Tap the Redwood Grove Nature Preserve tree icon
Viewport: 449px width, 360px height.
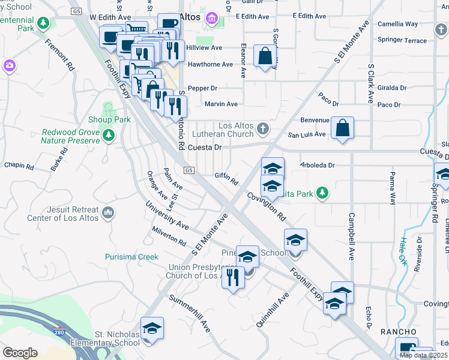pyautogui.click(x=109, y=136)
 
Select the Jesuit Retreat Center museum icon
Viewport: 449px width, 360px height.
pyautogui.click(x=108, y=212)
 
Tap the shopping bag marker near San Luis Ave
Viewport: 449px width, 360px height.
pyautogui.click(x=342, y=128)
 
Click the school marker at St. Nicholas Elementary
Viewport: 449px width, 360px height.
pyautogui.click(x=152, y=329)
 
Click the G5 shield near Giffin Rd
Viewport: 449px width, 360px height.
pyautogui.click(x=190, y=170)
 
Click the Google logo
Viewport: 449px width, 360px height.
pyautogui.click(x=20, y=352)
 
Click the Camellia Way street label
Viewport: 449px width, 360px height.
pyautogui.click(x=397, y=24)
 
